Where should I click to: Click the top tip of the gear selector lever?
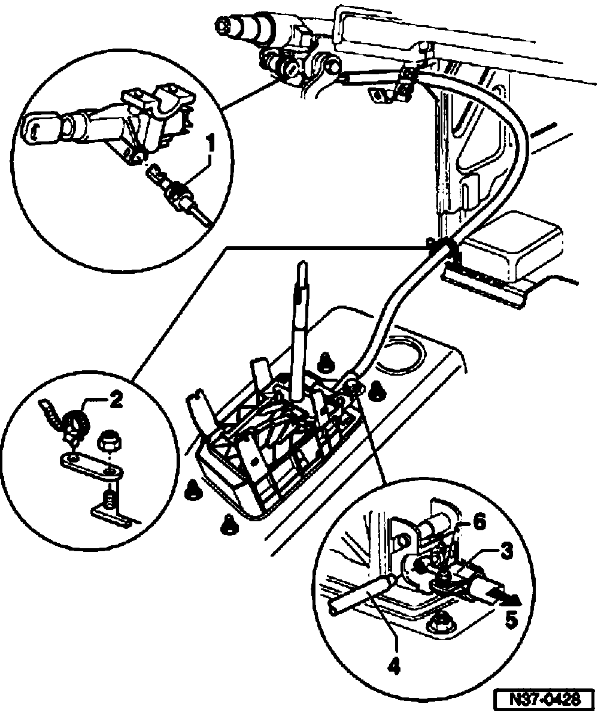tap(302, 267)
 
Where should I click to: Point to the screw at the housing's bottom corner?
tap(227, 524)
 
